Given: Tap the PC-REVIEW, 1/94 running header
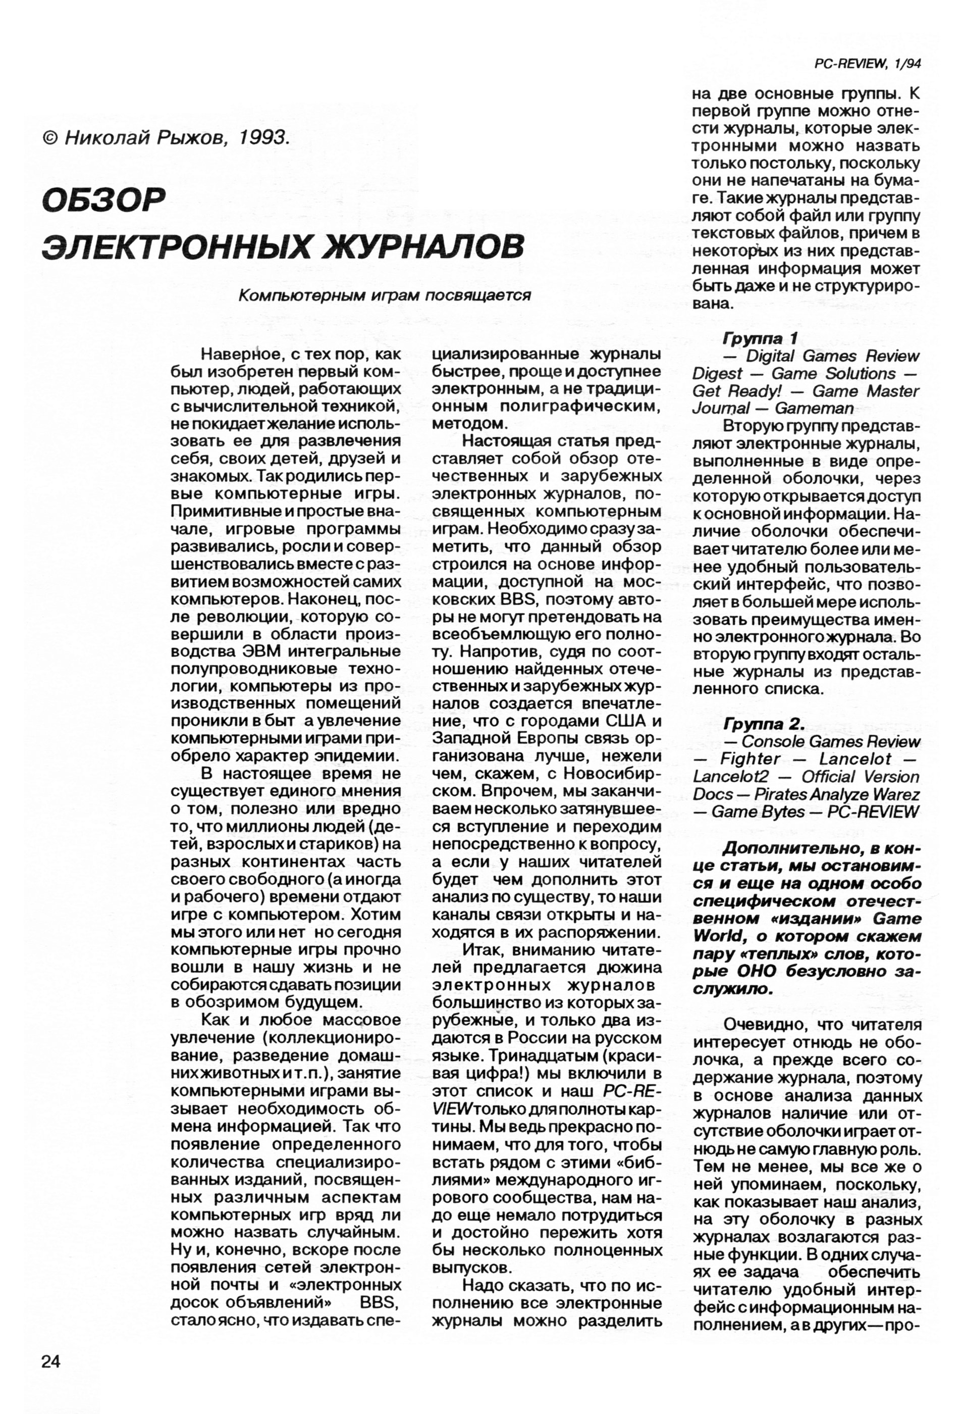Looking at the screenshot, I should tap(867, 64).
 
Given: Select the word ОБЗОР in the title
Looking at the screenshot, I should tap(104, 199).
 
